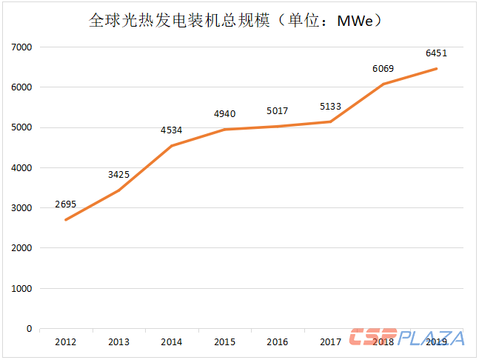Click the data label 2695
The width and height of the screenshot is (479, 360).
pos(65,204)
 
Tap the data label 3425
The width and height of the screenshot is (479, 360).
pos(118,175)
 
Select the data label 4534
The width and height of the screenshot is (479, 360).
pos(171,130)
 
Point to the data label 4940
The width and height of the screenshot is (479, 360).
pos(224,113)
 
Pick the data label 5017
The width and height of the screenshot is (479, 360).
pos(277,111)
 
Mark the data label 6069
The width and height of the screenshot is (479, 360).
pos(383,69)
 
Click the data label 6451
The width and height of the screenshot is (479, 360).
pos(436,53)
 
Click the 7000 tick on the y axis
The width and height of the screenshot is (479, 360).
pos(22,47)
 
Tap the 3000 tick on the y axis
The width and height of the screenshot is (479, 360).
pos(22,208)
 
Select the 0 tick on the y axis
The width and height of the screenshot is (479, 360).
pos(29,328)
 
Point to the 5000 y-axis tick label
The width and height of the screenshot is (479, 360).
pos(22,127)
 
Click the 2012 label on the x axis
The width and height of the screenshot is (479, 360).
pos(65,341)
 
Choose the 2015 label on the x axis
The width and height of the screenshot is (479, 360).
pos(224,341)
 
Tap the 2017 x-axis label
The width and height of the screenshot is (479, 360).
pos(330,341)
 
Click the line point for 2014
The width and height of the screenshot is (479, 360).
pos(171,146)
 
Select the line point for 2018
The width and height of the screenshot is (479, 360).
pos(383,84)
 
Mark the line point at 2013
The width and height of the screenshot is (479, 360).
pos(118,190)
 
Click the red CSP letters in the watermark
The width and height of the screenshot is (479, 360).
pos(374,338)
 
